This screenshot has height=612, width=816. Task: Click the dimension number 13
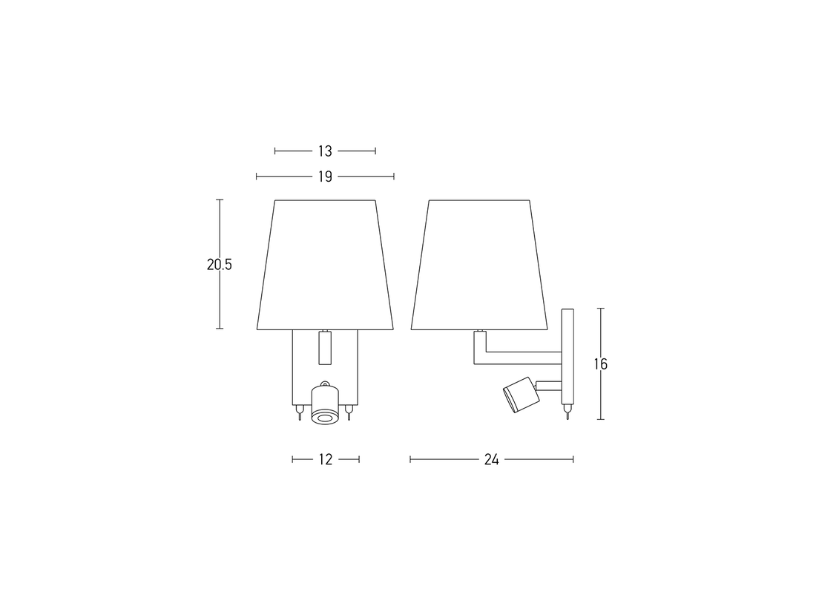[x=325, y=151]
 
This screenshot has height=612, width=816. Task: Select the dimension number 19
[x=325, y=177]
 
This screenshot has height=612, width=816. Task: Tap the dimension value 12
[x=325, y=460]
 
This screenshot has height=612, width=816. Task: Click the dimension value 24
[x=491, y=460]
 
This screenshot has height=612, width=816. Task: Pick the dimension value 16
[x=600, y=364]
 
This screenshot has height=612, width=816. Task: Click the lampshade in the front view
[x=325, y=264]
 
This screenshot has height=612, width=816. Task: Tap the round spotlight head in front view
[x=325, y=407]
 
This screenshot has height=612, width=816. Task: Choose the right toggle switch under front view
[x=349, y=412]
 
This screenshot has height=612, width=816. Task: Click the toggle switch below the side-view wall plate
[x=567, y=412]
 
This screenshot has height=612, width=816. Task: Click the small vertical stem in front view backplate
[x=324, y=347]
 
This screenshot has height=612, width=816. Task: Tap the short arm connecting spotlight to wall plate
[x=548, y=385]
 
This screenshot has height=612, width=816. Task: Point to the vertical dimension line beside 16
[x=600, y=326]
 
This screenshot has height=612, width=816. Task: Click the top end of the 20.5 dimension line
[x=220, y=200]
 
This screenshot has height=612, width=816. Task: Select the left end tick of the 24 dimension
[x=410, y=460]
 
